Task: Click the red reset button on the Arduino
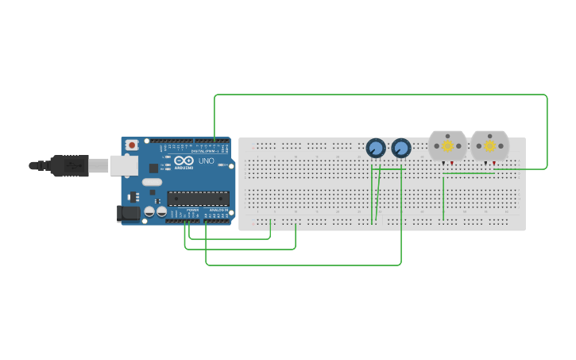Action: pos(131,145)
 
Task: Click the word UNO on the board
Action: pos(206,161)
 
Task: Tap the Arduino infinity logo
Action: pos(184,161)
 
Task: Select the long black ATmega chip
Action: pos(198,199)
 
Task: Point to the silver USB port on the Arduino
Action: pos(123,165)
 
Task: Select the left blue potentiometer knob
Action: pos(376,149)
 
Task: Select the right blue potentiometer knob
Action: pos(401,149)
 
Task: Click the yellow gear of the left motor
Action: pos(447,146)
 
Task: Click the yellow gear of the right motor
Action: pos(489,146)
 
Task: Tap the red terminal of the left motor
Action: pos(452,164)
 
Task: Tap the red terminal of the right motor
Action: pos(494,164)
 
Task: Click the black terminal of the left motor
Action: pos(443,164)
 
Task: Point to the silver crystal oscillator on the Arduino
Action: pos(153,182)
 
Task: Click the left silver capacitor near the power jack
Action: pos(149,212)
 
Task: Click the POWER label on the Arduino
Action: pos(193,211)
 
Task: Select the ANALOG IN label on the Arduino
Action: pos(218,211)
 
